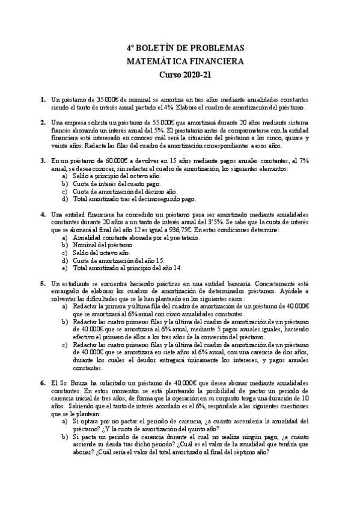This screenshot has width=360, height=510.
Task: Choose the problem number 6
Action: click(x=43, y=383)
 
